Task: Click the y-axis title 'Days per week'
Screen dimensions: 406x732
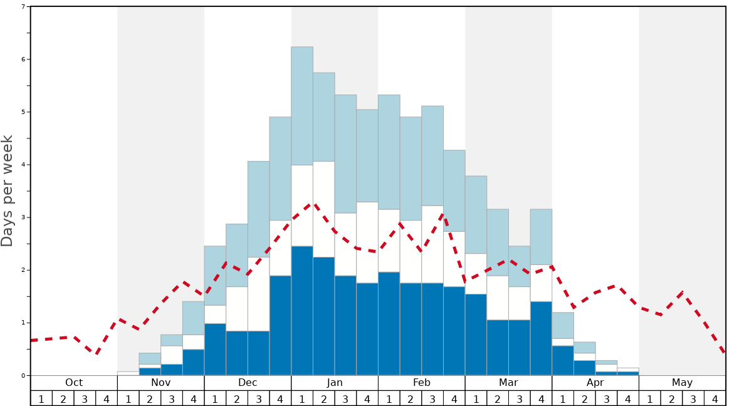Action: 8,190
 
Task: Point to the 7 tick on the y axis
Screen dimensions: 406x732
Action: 23,7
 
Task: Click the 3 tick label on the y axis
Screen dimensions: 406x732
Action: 23,217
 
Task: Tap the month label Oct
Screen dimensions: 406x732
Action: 74,383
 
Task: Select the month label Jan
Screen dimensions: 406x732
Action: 335,383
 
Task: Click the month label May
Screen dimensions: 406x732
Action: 682,383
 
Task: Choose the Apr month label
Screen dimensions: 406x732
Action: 595,383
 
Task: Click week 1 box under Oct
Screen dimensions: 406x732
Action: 41,398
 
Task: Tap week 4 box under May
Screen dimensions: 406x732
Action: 715,398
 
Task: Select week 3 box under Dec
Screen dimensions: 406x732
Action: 259,398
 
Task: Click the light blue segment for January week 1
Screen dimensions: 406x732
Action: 302,106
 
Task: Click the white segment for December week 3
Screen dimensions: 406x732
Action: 259,294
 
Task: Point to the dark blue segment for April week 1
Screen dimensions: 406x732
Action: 563,361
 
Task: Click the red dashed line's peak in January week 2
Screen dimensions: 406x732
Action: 313,203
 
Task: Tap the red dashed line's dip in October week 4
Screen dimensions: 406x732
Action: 97,354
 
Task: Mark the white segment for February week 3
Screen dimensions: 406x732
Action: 432,244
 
